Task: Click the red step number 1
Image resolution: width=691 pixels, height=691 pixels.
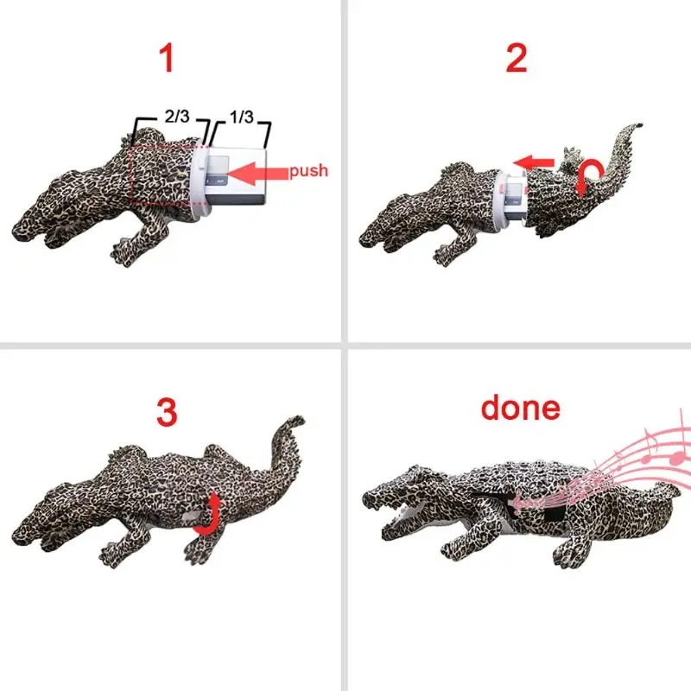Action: click(x=168, y=58)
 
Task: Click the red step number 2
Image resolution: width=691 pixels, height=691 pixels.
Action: click(x=517, y=58)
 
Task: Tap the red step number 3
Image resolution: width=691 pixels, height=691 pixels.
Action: click(x=167, y=412)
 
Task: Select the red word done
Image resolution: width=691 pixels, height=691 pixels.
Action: click(x=521, y=407)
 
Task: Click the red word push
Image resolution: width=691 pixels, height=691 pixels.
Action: click(x=309, y=171)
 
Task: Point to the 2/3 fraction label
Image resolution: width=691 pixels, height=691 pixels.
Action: click(x=177, y=117)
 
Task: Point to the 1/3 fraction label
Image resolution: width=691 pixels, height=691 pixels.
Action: click(x=242, y=117)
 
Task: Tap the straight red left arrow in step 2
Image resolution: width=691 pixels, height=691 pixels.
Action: click(x=534, y=163)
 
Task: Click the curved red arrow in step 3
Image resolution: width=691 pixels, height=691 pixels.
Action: click(x=207, y=516)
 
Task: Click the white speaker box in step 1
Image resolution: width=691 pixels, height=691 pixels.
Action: click(x=237, y=176)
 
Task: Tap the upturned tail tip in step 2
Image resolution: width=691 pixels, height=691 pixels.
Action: click(x=639, y=125)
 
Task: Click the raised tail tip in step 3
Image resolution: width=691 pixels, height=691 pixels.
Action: click(x=300, y=420)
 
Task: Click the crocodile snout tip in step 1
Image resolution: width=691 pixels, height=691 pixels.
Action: click(x=18, y=232)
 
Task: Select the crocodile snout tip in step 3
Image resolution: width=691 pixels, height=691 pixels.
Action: click(x=18, y=531)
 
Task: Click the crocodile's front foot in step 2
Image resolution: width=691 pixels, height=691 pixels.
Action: click(x=445, y=256)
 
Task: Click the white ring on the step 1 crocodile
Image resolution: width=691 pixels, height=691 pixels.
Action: click(x=200, y=181)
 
